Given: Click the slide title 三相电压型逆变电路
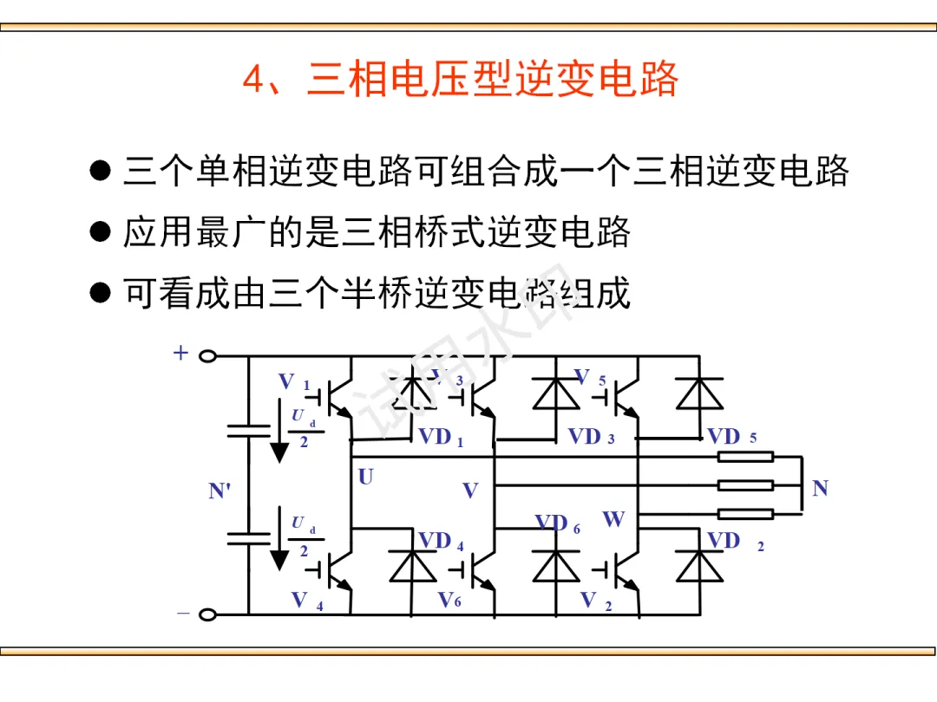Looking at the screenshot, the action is click(460, 80).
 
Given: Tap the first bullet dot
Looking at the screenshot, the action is click(102, 169).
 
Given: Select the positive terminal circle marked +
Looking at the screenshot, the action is click(207, 355).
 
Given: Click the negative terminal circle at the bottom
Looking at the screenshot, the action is click(207, 614).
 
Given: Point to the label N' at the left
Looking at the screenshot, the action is click(220, 491).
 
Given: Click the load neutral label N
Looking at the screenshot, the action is click(820, 489).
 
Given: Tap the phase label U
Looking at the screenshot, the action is click(365, 477).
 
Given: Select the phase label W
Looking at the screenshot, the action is click(613, 519).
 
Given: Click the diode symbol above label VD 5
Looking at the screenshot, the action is click(699, 394).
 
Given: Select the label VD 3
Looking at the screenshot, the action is click(591, 437).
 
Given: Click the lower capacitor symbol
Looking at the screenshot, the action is click(248, 538).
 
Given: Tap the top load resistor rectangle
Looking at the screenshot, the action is click(745, 457).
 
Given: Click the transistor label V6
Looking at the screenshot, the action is click(449, 600).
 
